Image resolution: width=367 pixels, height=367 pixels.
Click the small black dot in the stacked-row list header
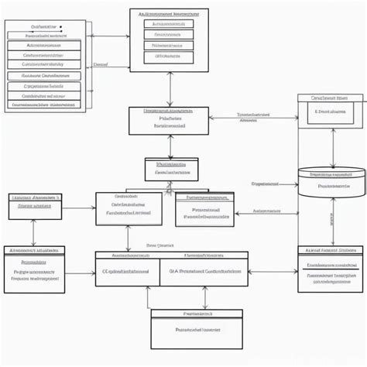point(61,27)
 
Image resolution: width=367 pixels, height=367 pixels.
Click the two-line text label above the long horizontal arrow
point(249,116)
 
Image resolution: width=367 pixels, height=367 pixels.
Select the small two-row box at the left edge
point(35,202)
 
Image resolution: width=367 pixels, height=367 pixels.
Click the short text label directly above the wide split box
point(161,245)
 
